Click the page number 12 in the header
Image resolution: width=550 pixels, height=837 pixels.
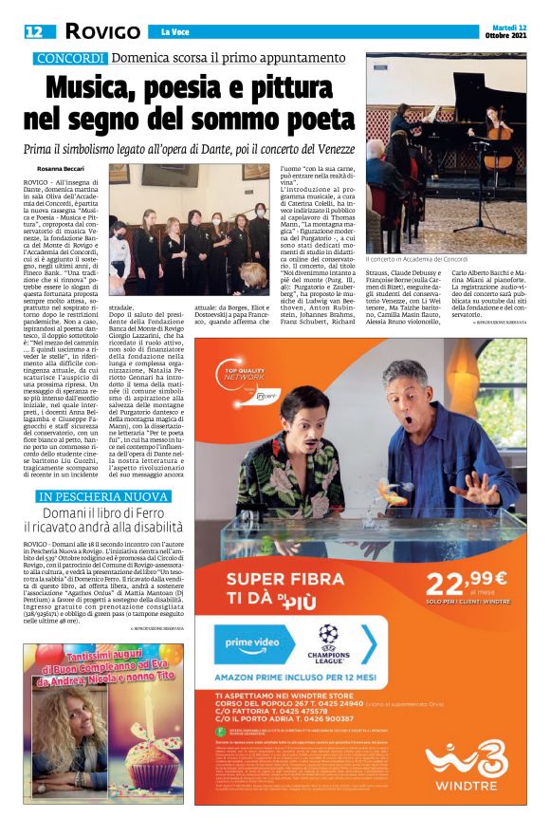(x=34, y=31)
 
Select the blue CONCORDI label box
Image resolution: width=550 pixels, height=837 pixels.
(x=71, y=59)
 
